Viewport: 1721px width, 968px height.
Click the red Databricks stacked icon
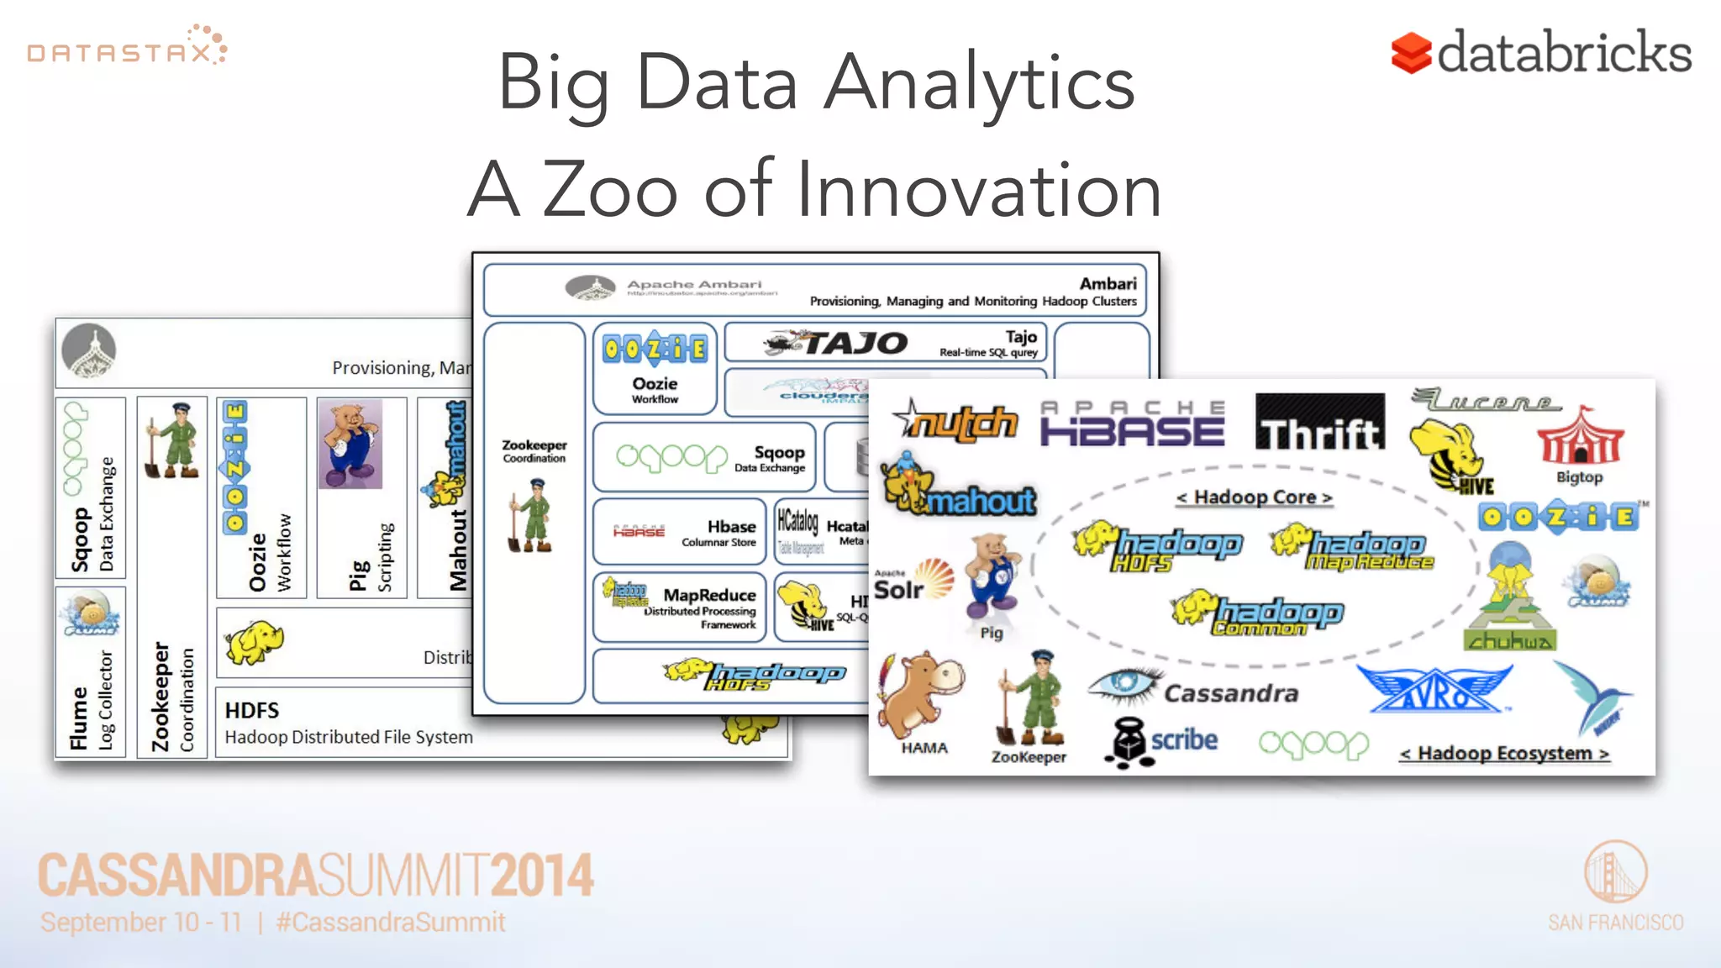point(1410,53)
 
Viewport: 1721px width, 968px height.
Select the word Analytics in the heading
point(979,82)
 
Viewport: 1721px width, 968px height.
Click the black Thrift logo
point(1319,422)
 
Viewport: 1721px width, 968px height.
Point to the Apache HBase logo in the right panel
point(1132,423)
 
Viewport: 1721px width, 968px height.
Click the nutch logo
point(956,420)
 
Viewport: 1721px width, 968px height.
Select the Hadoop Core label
point(1255,497)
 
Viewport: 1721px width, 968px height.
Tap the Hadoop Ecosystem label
point(1504,753)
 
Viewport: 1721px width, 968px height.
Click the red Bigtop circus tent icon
point(1580,437)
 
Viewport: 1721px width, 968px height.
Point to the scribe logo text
point(1183,739)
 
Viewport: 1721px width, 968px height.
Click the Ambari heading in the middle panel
point(1108,284)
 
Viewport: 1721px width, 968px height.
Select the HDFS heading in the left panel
point(252,711)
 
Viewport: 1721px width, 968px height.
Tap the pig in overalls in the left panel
point(350,444)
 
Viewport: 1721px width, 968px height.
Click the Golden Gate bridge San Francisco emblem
point(1615,872)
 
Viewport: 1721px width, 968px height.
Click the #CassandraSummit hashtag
point(391,923)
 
